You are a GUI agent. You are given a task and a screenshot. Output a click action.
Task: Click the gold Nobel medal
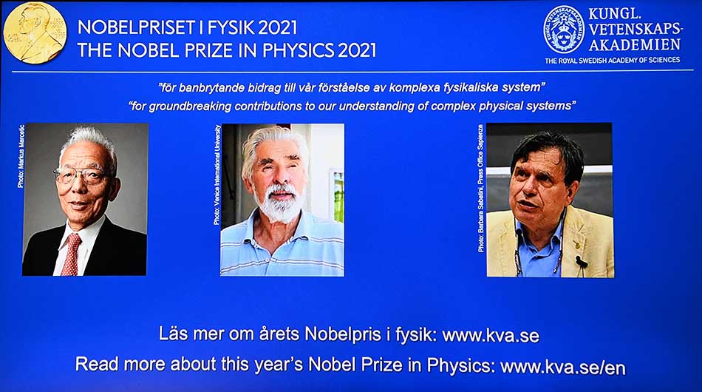coord(34,33)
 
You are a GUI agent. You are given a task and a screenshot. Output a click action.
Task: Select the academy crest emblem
coord(564,30)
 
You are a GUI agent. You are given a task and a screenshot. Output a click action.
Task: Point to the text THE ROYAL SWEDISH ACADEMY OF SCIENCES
coord(613,61)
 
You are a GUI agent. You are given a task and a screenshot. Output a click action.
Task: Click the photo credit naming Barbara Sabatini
coord(481,189)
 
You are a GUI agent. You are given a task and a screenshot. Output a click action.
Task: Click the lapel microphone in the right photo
coord(581,261)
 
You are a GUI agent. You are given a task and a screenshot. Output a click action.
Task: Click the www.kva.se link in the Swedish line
coord(491,335)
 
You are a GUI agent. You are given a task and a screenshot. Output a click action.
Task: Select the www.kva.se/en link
coord(562,365)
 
